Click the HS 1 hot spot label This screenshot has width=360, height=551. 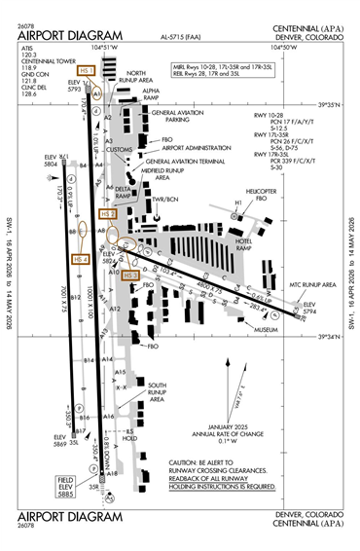(x=86, y=70)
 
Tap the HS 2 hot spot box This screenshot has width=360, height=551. (x=108, y=213)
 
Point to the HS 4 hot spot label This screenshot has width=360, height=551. (x=81, y=259)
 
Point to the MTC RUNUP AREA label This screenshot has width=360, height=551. (x=310, y=284)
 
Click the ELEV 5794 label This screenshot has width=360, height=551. (x=310, y=309)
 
